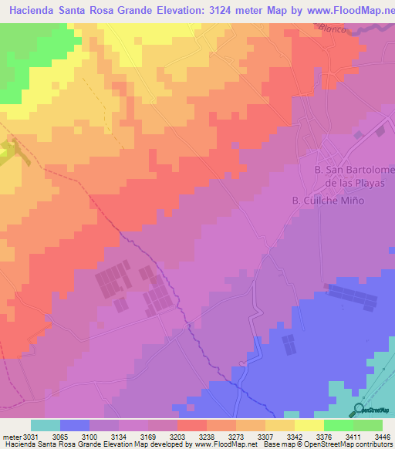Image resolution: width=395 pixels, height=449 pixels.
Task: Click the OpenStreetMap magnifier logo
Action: [359, 410]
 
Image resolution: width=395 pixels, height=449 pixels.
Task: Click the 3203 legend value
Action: [167, 435]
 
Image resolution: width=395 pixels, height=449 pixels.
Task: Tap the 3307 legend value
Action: [248, 435]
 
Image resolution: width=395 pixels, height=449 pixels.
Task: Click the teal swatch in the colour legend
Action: [46, 425]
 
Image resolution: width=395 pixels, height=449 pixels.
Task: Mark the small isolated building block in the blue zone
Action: [289, 343]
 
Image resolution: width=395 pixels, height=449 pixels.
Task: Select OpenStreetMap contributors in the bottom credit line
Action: [352, 444]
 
